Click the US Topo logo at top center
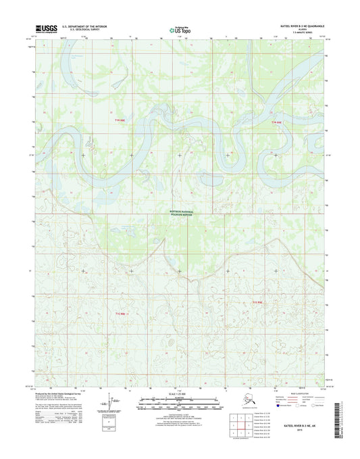coord(180,29)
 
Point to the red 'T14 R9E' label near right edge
coord(276,122)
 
